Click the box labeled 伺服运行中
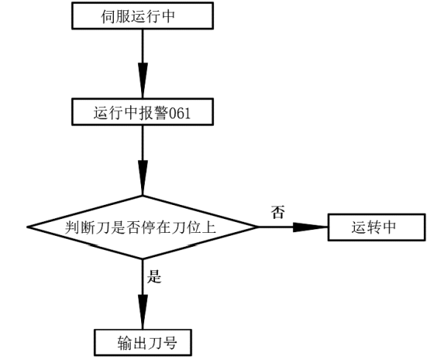click(x=143, y=15)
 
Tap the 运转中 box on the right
click(x=376, y=227)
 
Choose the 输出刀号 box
click(x=143, y=342)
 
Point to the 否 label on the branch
click(x=278, y=213)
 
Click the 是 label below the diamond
click(x=155, y=277)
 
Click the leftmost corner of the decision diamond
click(x=27, y=227)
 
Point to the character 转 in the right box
click(x=376, y=227)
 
